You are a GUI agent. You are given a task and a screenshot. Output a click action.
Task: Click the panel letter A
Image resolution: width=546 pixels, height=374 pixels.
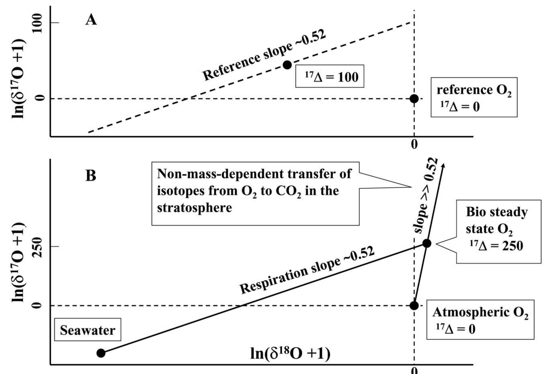pyautogui.click(x=91, y=20)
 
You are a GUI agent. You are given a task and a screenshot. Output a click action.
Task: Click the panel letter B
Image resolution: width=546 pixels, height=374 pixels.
pyautogui.click(x=91, y=176)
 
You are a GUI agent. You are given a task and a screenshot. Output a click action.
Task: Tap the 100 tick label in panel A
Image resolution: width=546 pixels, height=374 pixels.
pyautogui.click(x=38, y=23)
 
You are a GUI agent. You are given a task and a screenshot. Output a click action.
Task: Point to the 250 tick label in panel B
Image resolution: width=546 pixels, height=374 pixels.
pyautogui.click(x=38, y=247)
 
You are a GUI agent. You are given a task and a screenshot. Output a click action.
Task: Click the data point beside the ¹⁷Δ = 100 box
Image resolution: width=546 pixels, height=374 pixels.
pyautogui.click(x=287, y=65)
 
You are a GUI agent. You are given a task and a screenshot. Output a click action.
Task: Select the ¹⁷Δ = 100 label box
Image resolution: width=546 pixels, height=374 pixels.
pyautogui.click(x=330, y=76)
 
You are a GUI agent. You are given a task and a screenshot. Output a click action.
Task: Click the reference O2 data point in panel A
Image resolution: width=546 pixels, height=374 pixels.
pyautogui.click(x=414, y=99)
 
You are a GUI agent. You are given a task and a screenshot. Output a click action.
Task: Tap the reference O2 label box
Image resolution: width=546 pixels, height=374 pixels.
pyautogui.click(x=474, y=97)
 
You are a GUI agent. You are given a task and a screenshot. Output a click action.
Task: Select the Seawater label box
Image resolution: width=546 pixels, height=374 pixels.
pyautogui.click(x=88, y=330)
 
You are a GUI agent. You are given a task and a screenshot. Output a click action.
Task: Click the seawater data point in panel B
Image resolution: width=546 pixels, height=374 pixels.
pyautogui.click(x=101, y=353)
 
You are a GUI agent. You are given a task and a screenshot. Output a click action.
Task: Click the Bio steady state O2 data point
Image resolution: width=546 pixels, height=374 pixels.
pyautogui.click(x=427, y=243)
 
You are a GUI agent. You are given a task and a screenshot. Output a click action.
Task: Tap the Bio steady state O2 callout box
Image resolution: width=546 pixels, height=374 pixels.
pyautogui.click(x=498, y=231)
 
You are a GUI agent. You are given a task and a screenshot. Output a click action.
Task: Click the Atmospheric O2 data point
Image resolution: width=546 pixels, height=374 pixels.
pyautogui.click(x=414, y=306)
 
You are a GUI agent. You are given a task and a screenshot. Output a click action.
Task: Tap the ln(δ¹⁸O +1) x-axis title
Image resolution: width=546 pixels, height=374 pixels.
pyautogui.click(x=290, y=354)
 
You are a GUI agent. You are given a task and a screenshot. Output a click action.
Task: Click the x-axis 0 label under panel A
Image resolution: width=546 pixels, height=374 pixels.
pyautogui.click(x=414, y=145)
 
